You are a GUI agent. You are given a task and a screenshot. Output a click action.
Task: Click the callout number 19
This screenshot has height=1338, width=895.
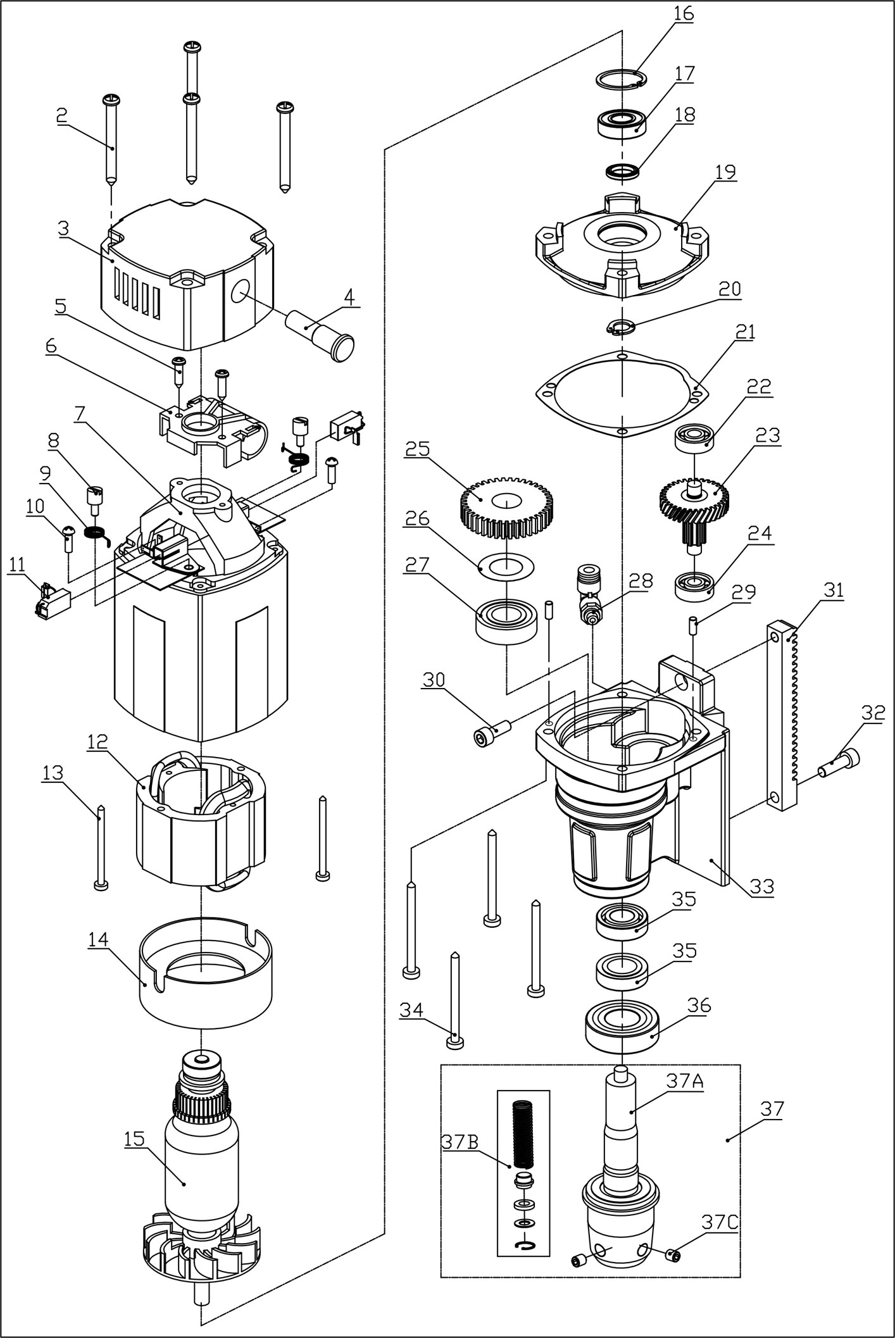(725, 172)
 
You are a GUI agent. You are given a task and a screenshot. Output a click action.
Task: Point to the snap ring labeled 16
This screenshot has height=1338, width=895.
(622, 78)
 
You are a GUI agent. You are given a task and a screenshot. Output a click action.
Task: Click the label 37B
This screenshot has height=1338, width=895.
(460, 1141)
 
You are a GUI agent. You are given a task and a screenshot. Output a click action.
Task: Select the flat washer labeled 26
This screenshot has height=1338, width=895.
(506, 565)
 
